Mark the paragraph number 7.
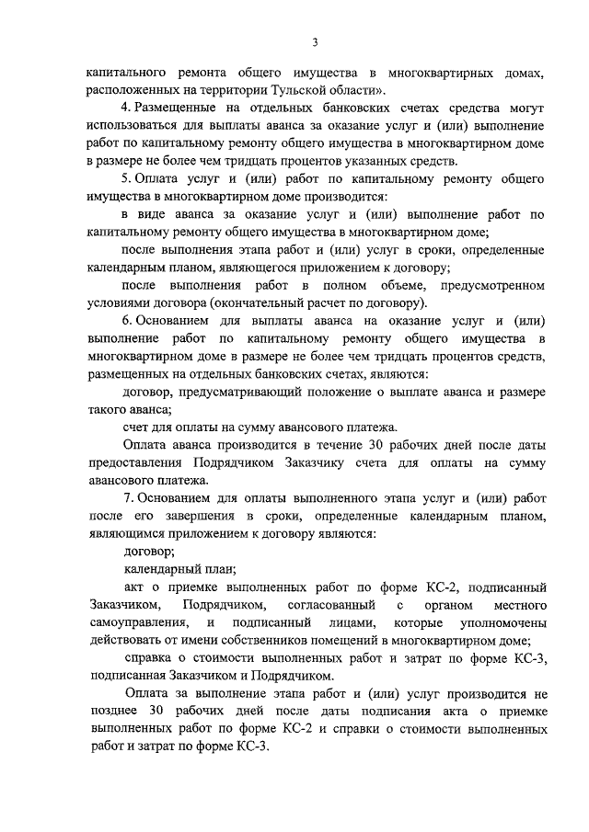[x=127, y=497]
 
